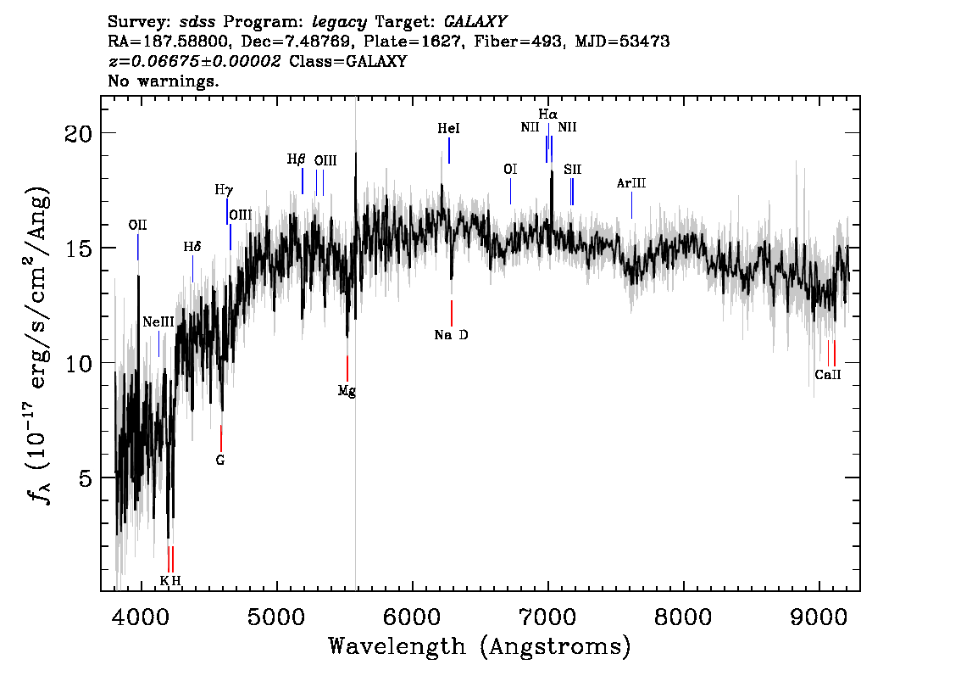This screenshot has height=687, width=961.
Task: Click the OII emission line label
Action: click(138, 225)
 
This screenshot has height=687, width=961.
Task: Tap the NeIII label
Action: click(158, 322)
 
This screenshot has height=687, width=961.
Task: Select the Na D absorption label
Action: click(451, 335)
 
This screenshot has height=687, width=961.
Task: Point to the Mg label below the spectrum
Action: click(347, 391)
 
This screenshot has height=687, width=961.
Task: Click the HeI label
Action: click(448, 128)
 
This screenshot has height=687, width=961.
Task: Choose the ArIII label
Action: click(631, 183)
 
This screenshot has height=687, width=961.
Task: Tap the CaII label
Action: click(828, 375)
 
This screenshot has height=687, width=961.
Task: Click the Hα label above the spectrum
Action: click(548, 114)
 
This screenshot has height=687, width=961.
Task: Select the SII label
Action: click(572, 170)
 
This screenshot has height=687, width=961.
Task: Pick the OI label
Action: click(510, 169)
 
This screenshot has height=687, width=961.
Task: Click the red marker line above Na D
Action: click(452, 313)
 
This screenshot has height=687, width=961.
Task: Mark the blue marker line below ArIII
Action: click(632, 205)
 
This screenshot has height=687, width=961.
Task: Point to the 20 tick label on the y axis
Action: click(79, 133)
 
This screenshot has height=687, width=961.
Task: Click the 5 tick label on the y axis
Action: click(86, 478)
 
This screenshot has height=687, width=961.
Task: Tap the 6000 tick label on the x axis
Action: click(413, 617)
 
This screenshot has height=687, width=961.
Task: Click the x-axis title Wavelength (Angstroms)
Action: click(480, 646)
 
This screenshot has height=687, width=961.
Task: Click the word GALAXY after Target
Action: click(475, 22)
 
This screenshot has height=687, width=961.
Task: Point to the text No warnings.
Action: click(163, 81)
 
